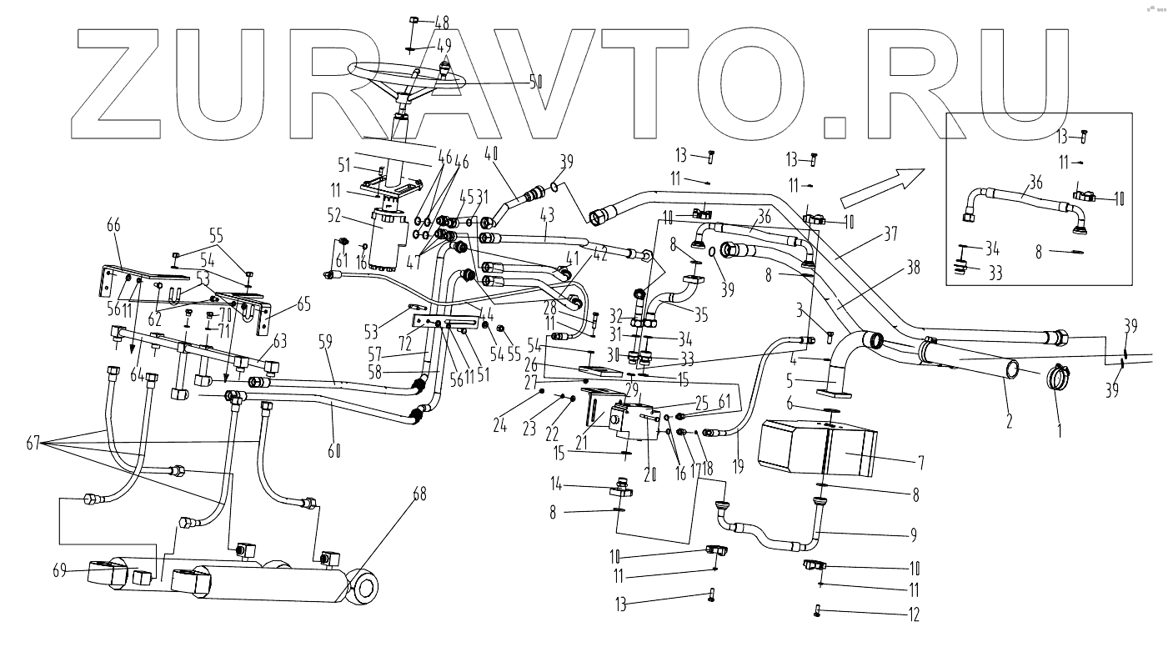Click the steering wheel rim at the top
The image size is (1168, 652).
click(x=367, y=67)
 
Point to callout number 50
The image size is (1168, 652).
click(x=536, y=82)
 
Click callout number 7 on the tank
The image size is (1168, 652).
click(x=898, y=461)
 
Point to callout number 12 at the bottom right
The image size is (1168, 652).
click(x=915, y=615)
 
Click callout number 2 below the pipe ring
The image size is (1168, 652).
click(x=1010, y=421)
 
